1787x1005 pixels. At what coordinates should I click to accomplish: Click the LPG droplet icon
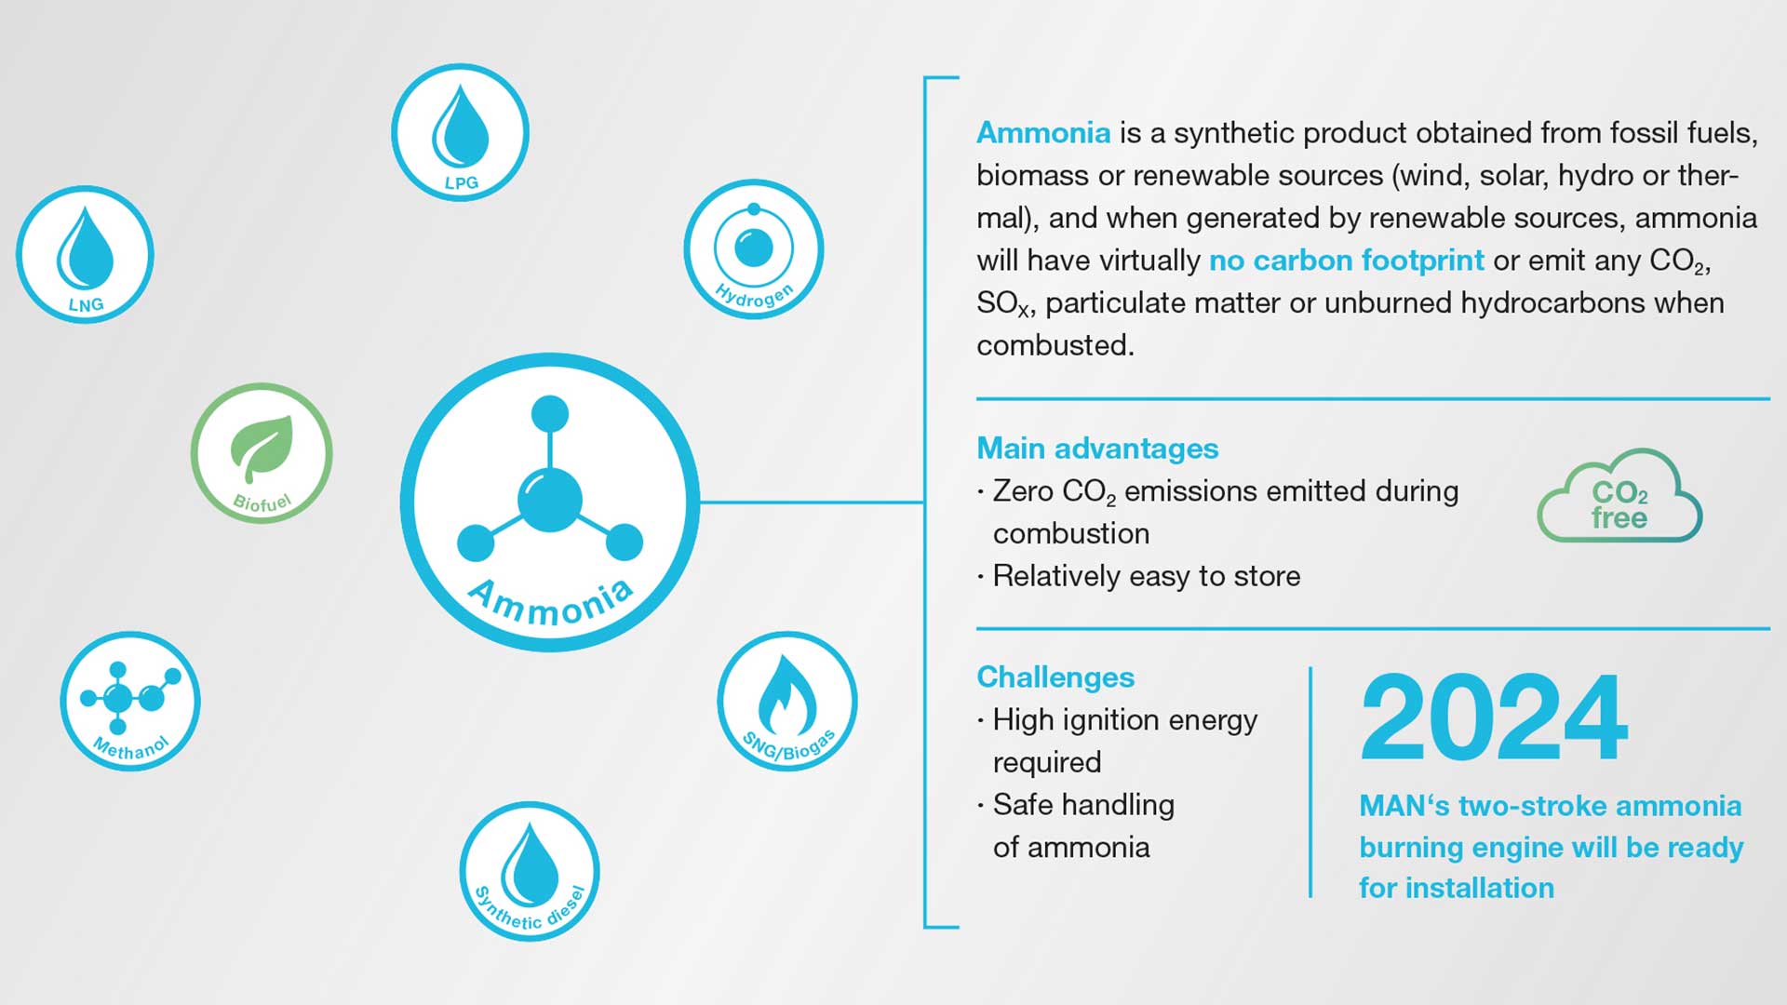point(460,132)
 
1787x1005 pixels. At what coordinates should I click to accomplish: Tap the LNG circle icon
point(85,254)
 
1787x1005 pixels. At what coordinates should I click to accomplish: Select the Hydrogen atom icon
point(754,249)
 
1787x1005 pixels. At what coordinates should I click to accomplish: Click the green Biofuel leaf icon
point(262,453)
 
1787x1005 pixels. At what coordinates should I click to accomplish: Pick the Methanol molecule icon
point(130,701)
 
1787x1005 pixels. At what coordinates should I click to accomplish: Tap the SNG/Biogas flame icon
point(787,702)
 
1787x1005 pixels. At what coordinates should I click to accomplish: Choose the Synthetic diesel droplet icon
point(530,871)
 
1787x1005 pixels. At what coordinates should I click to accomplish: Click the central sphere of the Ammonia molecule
point(550,501)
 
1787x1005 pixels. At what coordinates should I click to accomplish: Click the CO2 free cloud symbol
point(1619,496)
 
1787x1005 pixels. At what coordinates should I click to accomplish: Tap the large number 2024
point(1494,717)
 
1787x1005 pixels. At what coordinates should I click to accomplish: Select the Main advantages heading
point(1097,449)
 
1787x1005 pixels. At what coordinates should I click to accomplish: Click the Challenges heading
point(1055,677)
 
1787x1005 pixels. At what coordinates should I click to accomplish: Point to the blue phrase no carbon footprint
point(1347,261)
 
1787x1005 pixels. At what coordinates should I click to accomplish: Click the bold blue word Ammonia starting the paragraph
point(1043,133)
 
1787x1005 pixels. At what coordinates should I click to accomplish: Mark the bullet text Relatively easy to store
point(1147,576)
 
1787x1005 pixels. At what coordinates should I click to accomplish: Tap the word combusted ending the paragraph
point(1055,345)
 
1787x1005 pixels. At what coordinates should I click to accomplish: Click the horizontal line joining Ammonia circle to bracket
point(812,502)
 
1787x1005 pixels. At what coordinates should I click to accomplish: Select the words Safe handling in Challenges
point(1083,805)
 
